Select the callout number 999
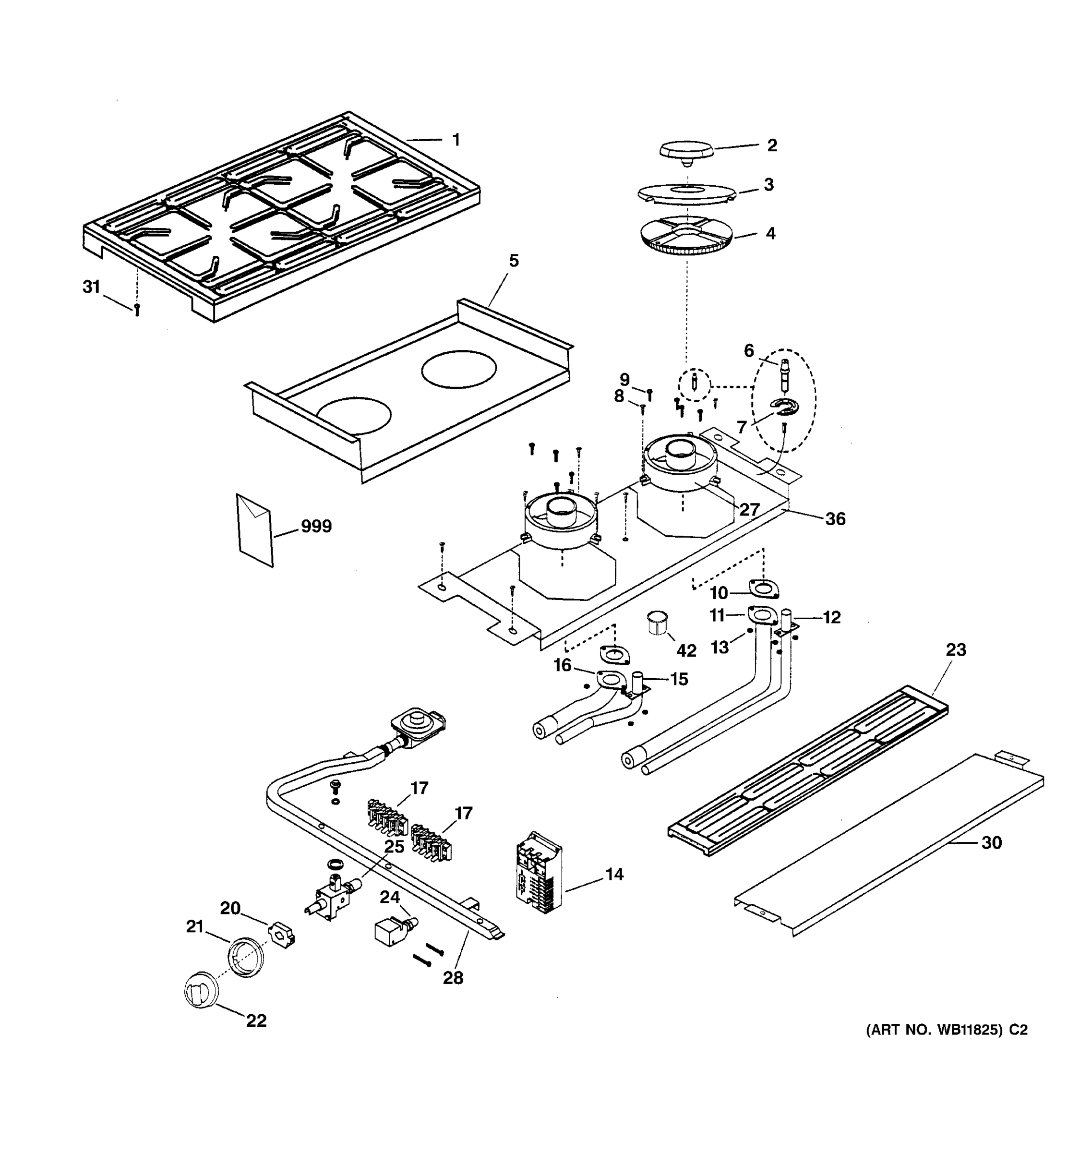click(x=316, y=526)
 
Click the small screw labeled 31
click(x=137, y=310)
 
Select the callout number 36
click(x=835, y=518)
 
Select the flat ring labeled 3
click(x=686, y=193)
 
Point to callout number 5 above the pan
click(x=513, y=261)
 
